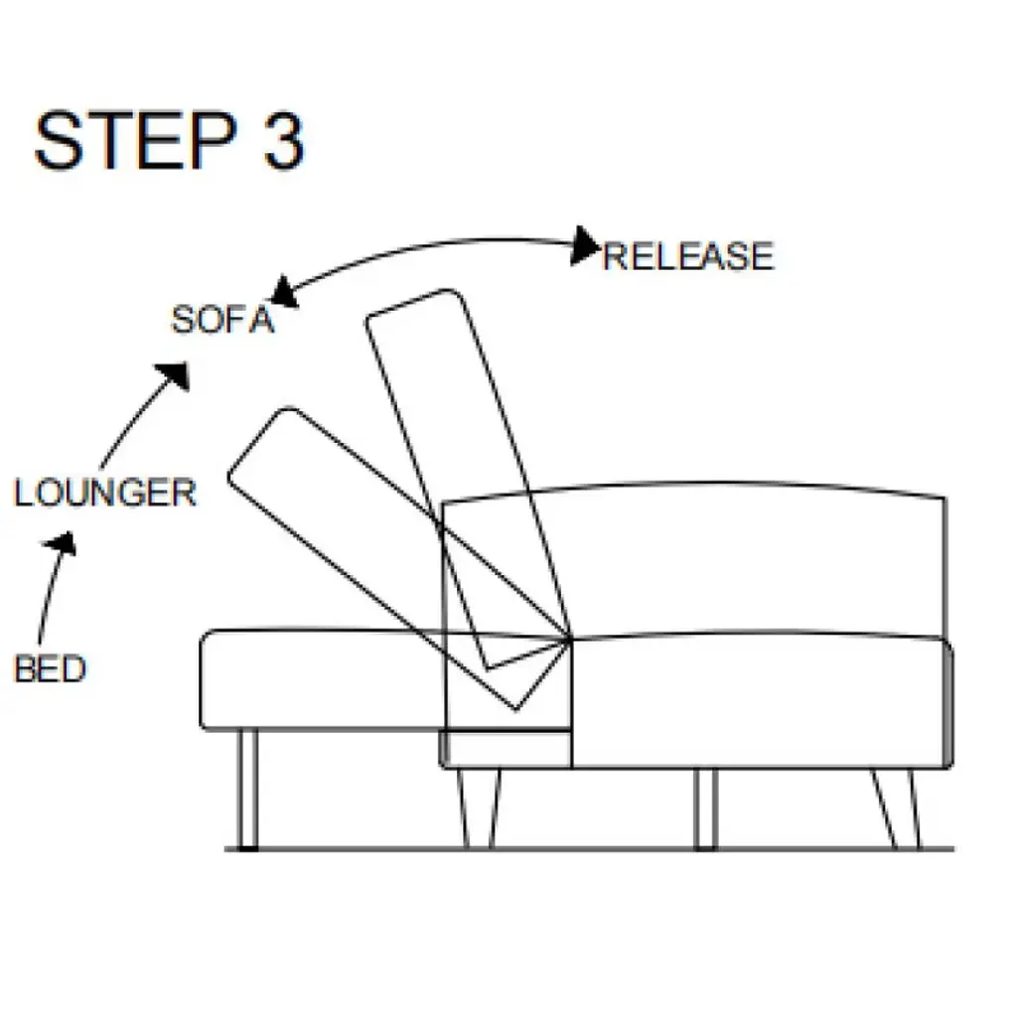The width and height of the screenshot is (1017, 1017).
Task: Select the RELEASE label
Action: pos(687,256)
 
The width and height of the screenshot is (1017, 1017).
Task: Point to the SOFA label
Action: pos(221,320)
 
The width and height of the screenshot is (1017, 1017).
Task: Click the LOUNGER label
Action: pos(104,493)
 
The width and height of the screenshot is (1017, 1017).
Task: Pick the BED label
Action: pos(50,668)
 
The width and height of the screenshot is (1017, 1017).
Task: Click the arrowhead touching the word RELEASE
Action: pos(585,245)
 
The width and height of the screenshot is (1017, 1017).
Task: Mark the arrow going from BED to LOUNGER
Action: pos(52,586)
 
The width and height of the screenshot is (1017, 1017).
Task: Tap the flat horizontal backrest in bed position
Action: pos(318,680)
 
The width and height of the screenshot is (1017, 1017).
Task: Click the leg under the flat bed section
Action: pos(248,790)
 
